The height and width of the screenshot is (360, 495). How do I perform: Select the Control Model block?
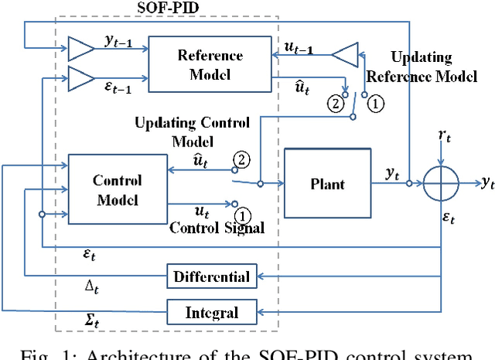tap(117, 190)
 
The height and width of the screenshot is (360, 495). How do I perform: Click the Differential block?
tap(211, 276)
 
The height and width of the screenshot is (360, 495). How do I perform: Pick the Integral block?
tap(211, 313)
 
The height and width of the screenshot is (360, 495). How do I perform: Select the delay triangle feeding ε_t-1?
tap(80, 77)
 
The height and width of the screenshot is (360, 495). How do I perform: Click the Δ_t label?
tap(92, 286)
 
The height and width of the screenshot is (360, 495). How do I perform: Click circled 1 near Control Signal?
tap(242, 214)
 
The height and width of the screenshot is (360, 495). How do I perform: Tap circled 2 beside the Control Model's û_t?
tap(241, 160)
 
